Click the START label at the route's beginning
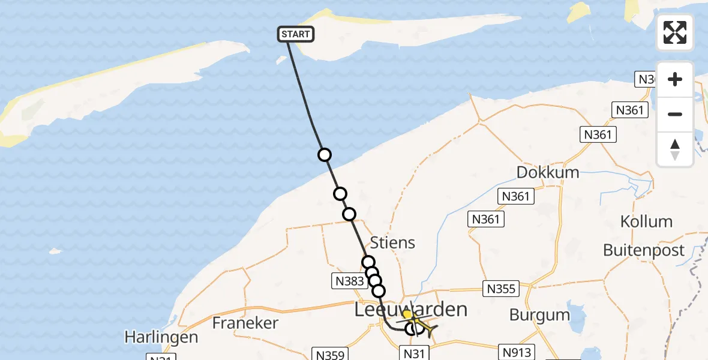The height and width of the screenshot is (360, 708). click(x=296, y=34)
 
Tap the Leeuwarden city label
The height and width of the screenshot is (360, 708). click(x=410, y=310)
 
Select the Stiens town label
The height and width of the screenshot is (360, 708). click(x=392, y=243)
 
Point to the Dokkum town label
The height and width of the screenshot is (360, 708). click(x=548, y=173)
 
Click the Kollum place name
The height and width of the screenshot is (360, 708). click(x=646, y=221)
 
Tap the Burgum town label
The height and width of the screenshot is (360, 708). click(x=539, y=314)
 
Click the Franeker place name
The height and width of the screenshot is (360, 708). click(x=245, y=323)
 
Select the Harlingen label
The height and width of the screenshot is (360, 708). click(x=161, y=337)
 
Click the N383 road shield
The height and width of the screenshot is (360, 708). click(x=347, y=280)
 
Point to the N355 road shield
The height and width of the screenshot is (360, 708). click(x=500, y=289)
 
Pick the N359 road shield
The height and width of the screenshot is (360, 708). click(x=329, y=355)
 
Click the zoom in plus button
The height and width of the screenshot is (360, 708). click(x=675, y=80)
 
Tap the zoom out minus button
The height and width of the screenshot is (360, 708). click(x=675, y=114)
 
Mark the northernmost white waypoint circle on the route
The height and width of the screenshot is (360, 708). click(x=324, y=155)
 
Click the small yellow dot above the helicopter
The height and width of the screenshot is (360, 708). click(x=407, y=314)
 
